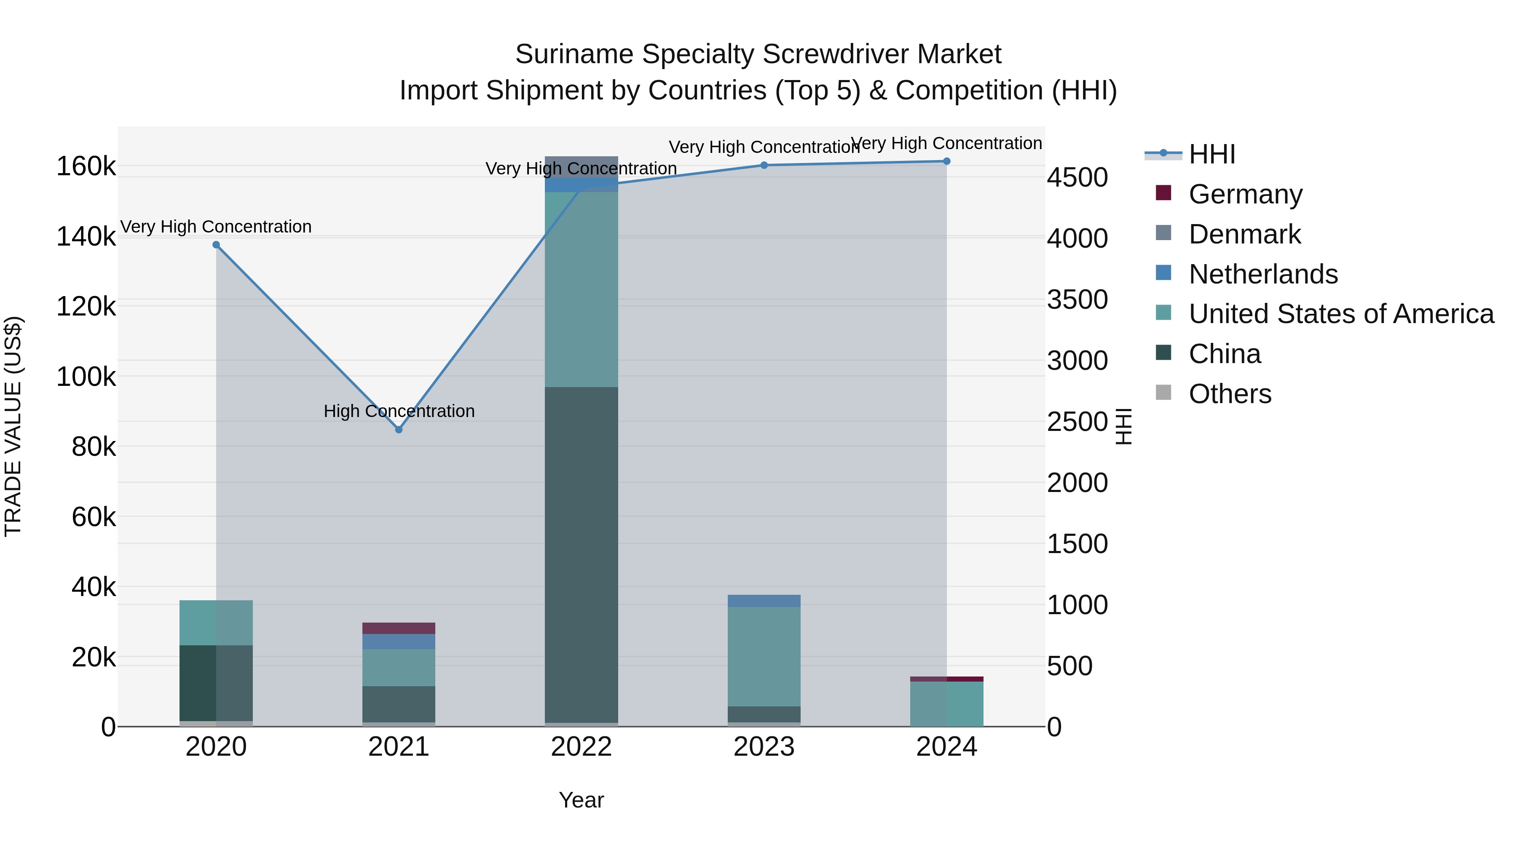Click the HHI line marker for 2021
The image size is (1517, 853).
(399, 430)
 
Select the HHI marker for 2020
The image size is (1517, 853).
(216, 245)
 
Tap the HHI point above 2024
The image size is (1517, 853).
(946, 161)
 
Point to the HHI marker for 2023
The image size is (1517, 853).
(764, 166)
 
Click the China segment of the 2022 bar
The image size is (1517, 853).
(581, 554)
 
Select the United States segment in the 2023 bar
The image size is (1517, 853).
(764, 656)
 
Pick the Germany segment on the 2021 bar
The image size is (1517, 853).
(399, 628)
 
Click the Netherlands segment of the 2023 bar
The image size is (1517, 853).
(764, 600)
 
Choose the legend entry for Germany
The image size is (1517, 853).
(1245, 194)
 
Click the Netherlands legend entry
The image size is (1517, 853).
(1262, 274)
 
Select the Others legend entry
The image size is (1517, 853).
(1230, 394)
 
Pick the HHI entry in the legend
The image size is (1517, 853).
(1211, 154)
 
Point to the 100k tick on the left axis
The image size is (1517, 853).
(86, 377)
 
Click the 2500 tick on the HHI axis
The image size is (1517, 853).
(1077, 422)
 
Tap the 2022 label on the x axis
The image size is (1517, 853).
(581, 747)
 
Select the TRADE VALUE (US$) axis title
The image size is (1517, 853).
(13, 426)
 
